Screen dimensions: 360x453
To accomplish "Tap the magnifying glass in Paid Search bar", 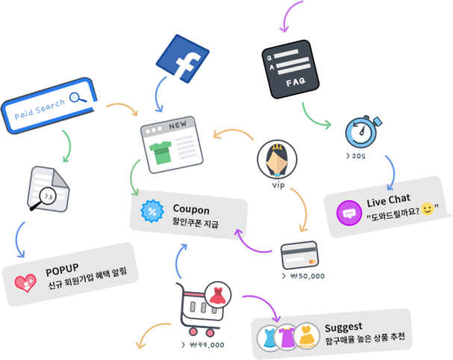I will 78,97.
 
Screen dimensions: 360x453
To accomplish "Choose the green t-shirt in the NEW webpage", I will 162,152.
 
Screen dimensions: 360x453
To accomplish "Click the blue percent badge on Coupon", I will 153,211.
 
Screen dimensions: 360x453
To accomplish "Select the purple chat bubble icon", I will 349,212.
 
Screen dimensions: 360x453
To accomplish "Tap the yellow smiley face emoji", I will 427,208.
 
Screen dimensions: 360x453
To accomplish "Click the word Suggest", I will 343,326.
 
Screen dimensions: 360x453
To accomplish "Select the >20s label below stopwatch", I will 355,156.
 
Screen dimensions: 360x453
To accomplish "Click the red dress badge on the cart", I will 218,294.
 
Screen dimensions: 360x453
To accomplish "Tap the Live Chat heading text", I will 388,201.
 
